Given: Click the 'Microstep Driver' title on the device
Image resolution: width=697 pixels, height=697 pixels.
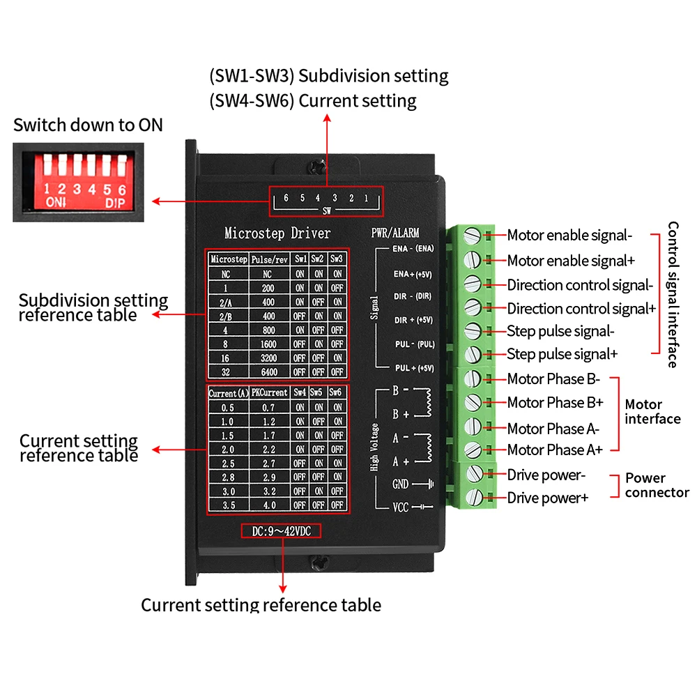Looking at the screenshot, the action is pyautogui.click(x=277, y=233).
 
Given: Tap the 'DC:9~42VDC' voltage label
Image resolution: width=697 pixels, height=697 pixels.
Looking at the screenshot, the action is pyautogui.click(x=281, y=531).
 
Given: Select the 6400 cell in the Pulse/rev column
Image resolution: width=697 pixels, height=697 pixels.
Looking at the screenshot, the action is pyautogui.click(x=269, y=372).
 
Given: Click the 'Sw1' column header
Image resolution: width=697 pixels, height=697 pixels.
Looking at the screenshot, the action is pyautogui.click(x=300, y=259).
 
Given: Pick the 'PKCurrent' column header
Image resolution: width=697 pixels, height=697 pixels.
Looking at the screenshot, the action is pyautogui.click(x=269, y=392).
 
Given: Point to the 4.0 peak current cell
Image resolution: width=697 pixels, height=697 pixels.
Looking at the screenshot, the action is pyautogui.click(x=269, y=505).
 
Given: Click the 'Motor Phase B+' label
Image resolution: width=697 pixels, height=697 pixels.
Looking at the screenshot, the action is pyautogui.click(x=556, y=403).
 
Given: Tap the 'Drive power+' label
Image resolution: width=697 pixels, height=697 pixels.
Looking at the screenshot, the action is pyautogui.click(x=548, y=498).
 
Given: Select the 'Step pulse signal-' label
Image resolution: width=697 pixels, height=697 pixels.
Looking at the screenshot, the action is pyautogui.click(x=560, y=331).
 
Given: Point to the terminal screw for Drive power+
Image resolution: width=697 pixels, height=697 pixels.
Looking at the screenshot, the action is pyautogui.click(x=474, y=497).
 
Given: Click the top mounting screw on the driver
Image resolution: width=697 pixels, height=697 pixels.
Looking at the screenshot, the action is pyautogui.click(x=317, y=167).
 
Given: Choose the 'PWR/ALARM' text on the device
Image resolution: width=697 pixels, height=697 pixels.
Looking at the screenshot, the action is pyautogui.click(x=395, y=233).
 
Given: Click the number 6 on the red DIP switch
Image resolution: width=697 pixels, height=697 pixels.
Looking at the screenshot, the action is pyautogui.click(x=122, y=190).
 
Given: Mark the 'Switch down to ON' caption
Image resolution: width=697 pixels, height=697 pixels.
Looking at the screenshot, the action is pyautogui.click(x=88, y=125).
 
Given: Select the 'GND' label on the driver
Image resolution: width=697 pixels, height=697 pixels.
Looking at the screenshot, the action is pyautogui.click(x=400, y=484).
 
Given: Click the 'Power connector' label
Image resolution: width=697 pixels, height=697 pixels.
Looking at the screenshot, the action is pyautogui.click(x=657, y=485).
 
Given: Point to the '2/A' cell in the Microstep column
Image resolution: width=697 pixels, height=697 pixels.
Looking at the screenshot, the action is pyautogui.click(x=226, y=302).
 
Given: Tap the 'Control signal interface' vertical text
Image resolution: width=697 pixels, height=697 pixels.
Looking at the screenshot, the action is pyautogui.click(x=673, y=295).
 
